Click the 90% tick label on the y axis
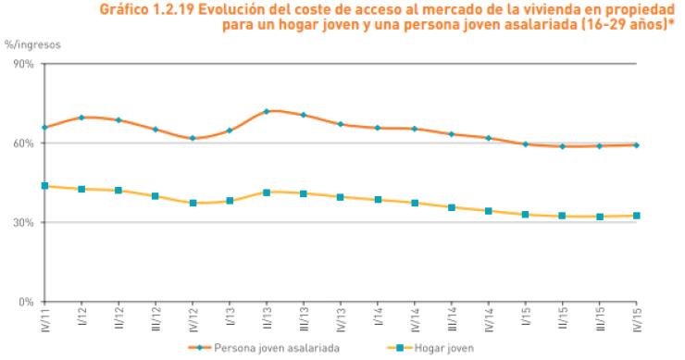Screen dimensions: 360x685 point(22,64)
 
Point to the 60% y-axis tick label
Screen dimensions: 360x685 point(22,143)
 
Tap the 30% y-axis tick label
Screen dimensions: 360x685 point(22,223)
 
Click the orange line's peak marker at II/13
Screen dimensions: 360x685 point(267,111)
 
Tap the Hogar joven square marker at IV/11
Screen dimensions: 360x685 point(44,186)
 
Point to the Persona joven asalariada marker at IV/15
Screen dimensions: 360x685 point(637,144)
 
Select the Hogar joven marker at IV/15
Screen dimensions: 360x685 point(637,216)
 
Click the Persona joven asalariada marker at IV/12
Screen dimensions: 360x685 point(193,138)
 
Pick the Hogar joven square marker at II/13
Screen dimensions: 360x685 point(267,192)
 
